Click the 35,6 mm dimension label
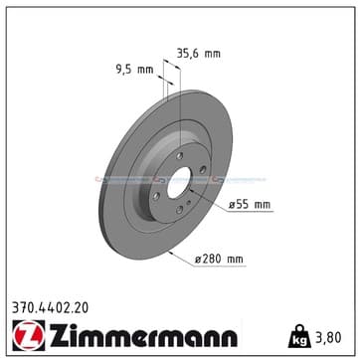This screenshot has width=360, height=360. [x=198, y=53]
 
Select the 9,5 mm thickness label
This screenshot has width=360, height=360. [x=134, y=70]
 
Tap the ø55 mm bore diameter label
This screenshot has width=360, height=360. [x=250, y=205]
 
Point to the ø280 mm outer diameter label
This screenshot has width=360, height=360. [x=219, y=259]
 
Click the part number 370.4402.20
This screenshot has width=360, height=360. [x=51, y=308]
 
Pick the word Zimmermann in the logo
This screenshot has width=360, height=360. [x=143, y=335]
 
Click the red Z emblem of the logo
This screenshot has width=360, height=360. [x=29, y=335]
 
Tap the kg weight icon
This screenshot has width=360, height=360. [x=300, y=336]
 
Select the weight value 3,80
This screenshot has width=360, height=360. [x=328, y=337]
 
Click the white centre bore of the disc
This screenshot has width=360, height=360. [x=179, y=183]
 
